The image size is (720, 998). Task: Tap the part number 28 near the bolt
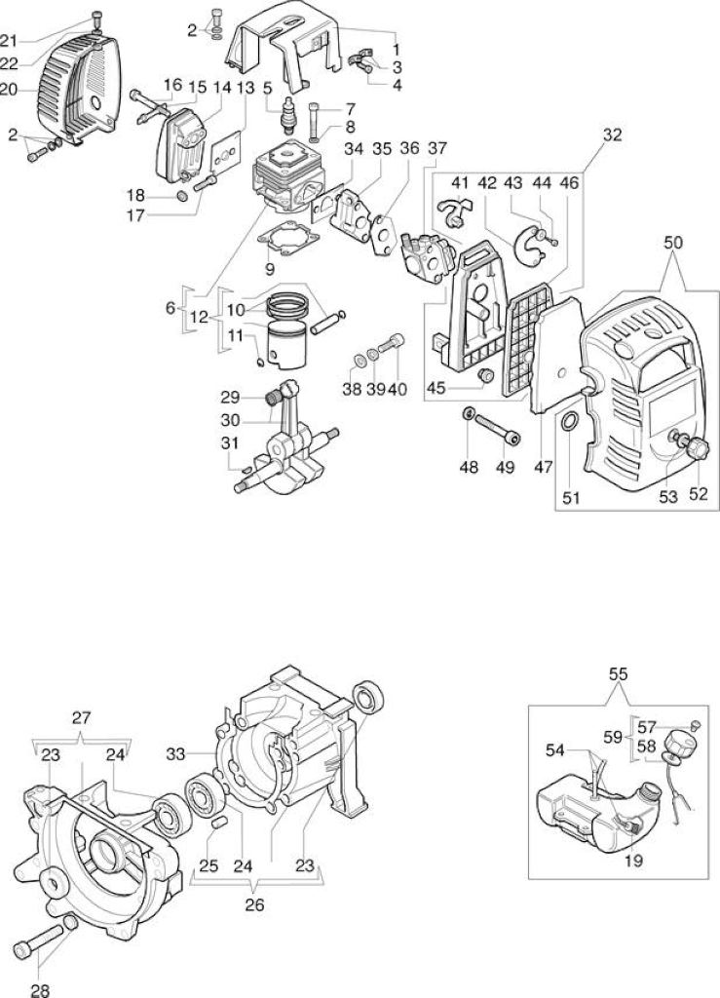point(39,990)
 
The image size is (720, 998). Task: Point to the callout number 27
point(81,718)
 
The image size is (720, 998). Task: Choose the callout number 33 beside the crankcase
point(175,755)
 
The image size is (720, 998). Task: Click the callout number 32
point(612,134)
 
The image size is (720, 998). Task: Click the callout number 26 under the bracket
point(254,905)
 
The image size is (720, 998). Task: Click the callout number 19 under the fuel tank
point(634,862)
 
